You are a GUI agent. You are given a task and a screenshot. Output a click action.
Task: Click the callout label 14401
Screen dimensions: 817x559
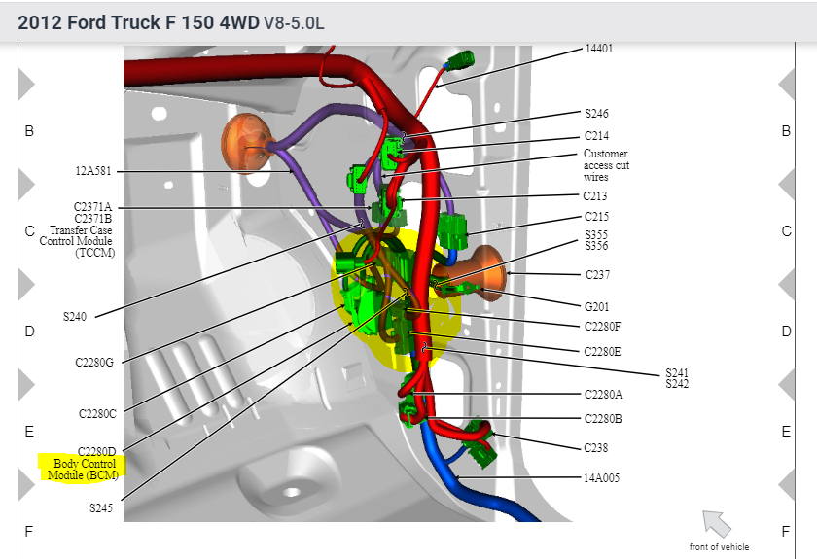[599, 49]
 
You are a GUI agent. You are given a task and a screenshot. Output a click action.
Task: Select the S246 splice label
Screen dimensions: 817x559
[596, 114]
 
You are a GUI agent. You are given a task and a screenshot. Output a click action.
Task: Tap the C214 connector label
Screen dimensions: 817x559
[596, 136]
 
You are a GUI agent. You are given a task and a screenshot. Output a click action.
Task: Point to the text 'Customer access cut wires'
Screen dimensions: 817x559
[606, 165]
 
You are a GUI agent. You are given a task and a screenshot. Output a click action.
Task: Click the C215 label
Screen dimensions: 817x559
[596, 216]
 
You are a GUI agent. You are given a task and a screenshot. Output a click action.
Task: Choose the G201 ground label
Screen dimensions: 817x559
[596, 307]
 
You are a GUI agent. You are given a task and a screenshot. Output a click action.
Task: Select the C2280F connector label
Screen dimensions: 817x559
[602, 327]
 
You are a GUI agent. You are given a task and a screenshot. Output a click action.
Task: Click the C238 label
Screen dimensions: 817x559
[595, 447]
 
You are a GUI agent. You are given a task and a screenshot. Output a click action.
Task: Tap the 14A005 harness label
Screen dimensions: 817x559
[601, 477]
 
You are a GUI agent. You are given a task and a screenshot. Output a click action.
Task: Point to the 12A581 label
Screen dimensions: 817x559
[93, 171]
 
